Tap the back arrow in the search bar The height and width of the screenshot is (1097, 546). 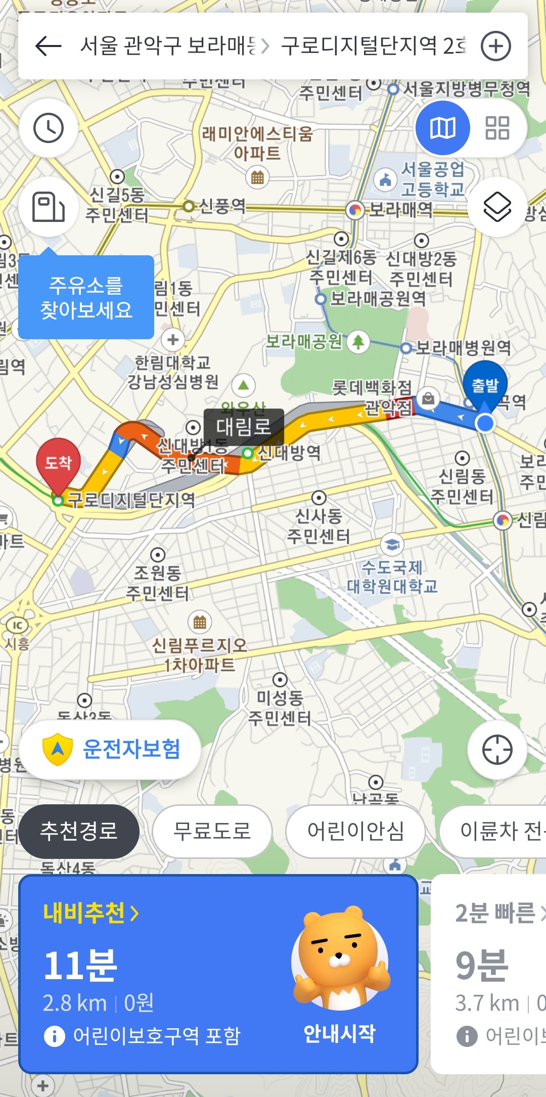click(49, 46)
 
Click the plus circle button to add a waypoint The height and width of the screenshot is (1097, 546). click(495, 46)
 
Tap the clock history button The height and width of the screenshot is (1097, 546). click(49, 128)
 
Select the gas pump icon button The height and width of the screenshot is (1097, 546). click(49, 207)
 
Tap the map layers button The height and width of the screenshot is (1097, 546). click(497, 207)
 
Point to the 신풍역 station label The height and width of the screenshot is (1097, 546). click(221, 206)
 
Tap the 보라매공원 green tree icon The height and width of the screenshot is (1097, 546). click(358, 342)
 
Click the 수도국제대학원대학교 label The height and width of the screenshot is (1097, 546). click(392, 577)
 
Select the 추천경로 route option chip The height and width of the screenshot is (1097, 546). click(79, 831)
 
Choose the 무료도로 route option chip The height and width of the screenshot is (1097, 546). click(212, 831)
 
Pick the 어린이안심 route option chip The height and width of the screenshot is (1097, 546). click(355, 831)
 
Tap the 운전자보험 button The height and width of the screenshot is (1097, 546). click(110, 749)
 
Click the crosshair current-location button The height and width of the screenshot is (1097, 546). click(497, 749)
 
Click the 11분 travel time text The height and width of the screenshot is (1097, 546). click(81, 966)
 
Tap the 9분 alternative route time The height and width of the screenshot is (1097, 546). click(481, 966)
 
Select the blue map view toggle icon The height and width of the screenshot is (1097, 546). click(443, 128)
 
